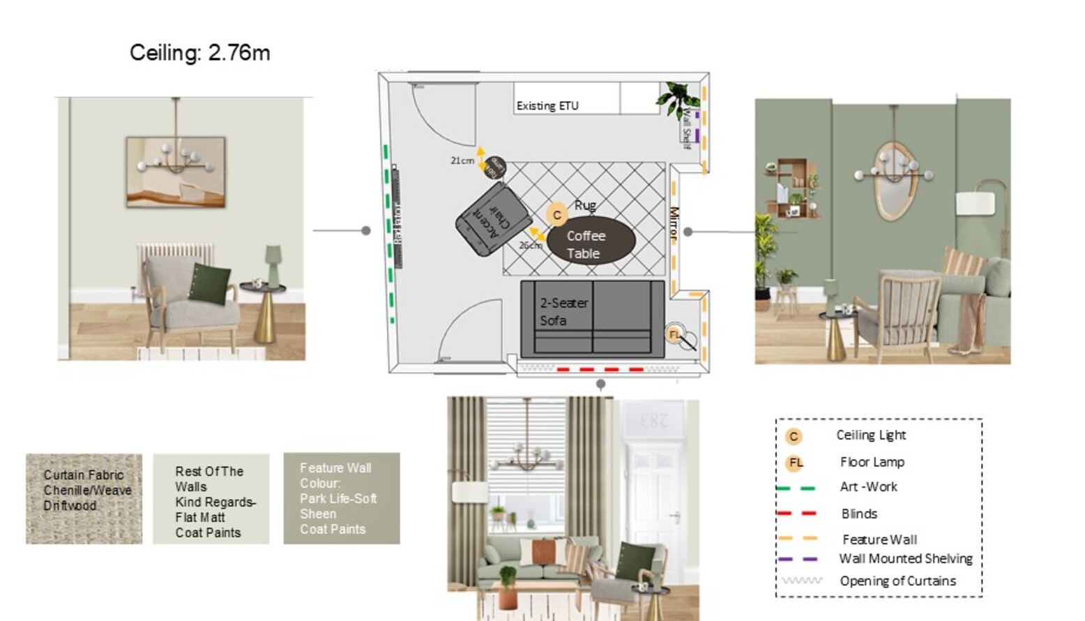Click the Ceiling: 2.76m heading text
tap(199, 53)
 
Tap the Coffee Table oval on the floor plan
tap(590, 241)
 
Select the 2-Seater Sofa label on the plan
tap(563, 311)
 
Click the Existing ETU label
tap(547, 106)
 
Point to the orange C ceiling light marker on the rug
tap(556, 215)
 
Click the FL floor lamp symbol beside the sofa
tap(675, 334)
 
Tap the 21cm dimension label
tap(462, 160)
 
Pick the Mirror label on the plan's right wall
tap(674, 223)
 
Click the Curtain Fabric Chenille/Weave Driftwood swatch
tap(84, 498)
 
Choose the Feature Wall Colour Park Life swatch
tap(341, 498)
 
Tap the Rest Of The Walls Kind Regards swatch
tap(211, 498)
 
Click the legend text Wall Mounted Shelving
tap(905, 558)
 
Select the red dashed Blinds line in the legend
tap(796, 514)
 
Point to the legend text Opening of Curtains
tap(897, 581)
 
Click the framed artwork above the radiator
tap(176, 172)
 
